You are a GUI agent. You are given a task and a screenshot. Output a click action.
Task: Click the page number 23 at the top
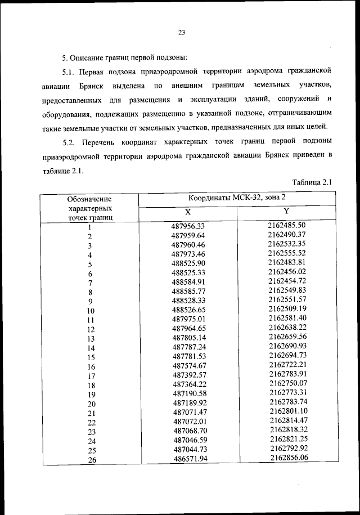(x=182, y=32)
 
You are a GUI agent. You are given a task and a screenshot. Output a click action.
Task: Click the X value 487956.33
(x=188, y=226)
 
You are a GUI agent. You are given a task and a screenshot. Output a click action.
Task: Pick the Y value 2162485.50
(x=286, y=225)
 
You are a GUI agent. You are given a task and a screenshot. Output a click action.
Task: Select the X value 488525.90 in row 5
(x=188, y=263)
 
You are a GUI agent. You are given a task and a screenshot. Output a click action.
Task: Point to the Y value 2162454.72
(x=287, y=281)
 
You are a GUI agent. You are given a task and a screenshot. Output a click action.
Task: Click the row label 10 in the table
(x=90, y=310)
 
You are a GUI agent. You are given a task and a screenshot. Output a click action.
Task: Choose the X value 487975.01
(x=189, y=319)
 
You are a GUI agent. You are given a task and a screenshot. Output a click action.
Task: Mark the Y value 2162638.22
(x=287, y=327)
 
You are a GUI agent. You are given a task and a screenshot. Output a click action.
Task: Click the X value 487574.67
(x=190, y=366)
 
